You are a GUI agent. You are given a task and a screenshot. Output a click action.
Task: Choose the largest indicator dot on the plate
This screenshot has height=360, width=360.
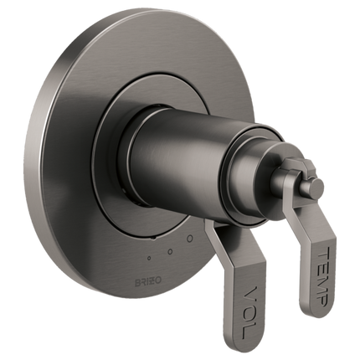(189, 239)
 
